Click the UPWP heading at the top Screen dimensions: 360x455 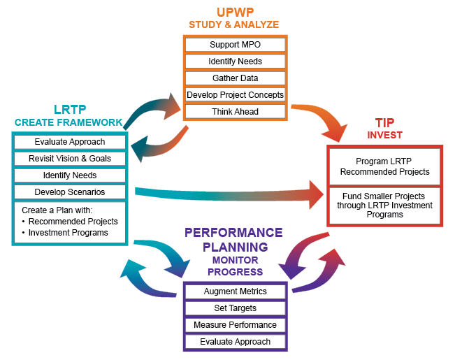235,11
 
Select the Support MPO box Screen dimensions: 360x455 235,45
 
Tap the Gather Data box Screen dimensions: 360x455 235,78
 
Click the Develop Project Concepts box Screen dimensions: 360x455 235,94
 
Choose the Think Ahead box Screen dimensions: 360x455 235,111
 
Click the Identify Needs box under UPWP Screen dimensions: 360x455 235,62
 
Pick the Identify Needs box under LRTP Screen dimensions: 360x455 70,175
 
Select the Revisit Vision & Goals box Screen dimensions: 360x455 70,159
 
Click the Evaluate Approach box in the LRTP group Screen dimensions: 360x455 70,142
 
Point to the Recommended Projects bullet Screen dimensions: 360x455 73,222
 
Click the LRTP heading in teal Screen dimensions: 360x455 70,110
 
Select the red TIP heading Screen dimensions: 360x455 385,121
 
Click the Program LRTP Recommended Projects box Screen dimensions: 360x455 385,166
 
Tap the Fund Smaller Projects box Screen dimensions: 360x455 385,205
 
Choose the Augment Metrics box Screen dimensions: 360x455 235,291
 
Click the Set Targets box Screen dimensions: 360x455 235,308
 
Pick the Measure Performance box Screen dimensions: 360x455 235,325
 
